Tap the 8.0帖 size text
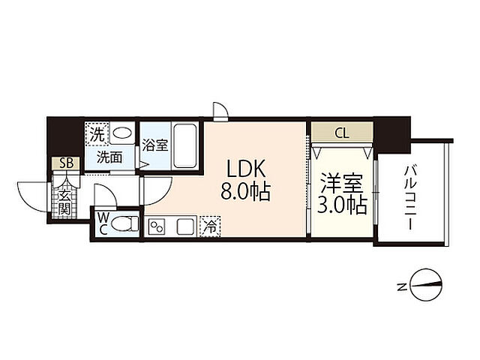[x=244, y=193]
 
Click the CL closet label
[x=341, y=134]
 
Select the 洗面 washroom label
[x=113, y=158]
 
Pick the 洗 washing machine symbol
[x=97, y=135]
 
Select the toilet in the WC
[x=127, y=224]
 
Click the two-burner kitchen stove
[x=157, y=226]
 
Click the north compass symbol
[x=424, y=285]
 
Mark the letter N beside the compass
[x=402, y=286]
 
